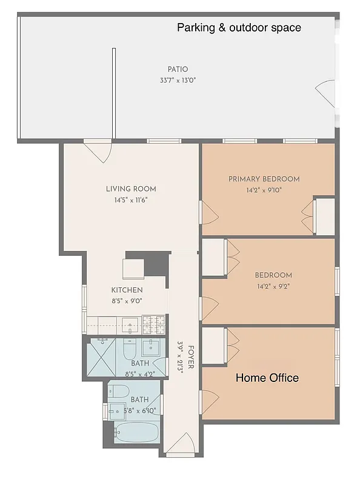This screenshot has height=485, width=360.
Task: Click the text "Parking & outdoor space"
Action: point(239,28)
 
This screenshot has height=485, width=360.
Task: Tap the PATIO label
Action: point(178,69)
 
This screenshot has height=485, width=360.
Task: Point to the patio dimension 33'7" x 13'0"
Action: point(178,80)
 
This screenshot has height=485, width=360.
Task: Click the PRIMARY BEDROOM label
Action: point(264,179)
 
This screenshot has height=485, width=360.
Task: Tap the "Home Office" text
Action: point(267,378)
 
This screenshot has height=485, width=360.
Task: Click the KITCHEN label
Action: point(127,290)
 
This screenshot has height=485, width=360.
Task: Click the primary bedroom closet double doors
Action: point(308,214)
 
